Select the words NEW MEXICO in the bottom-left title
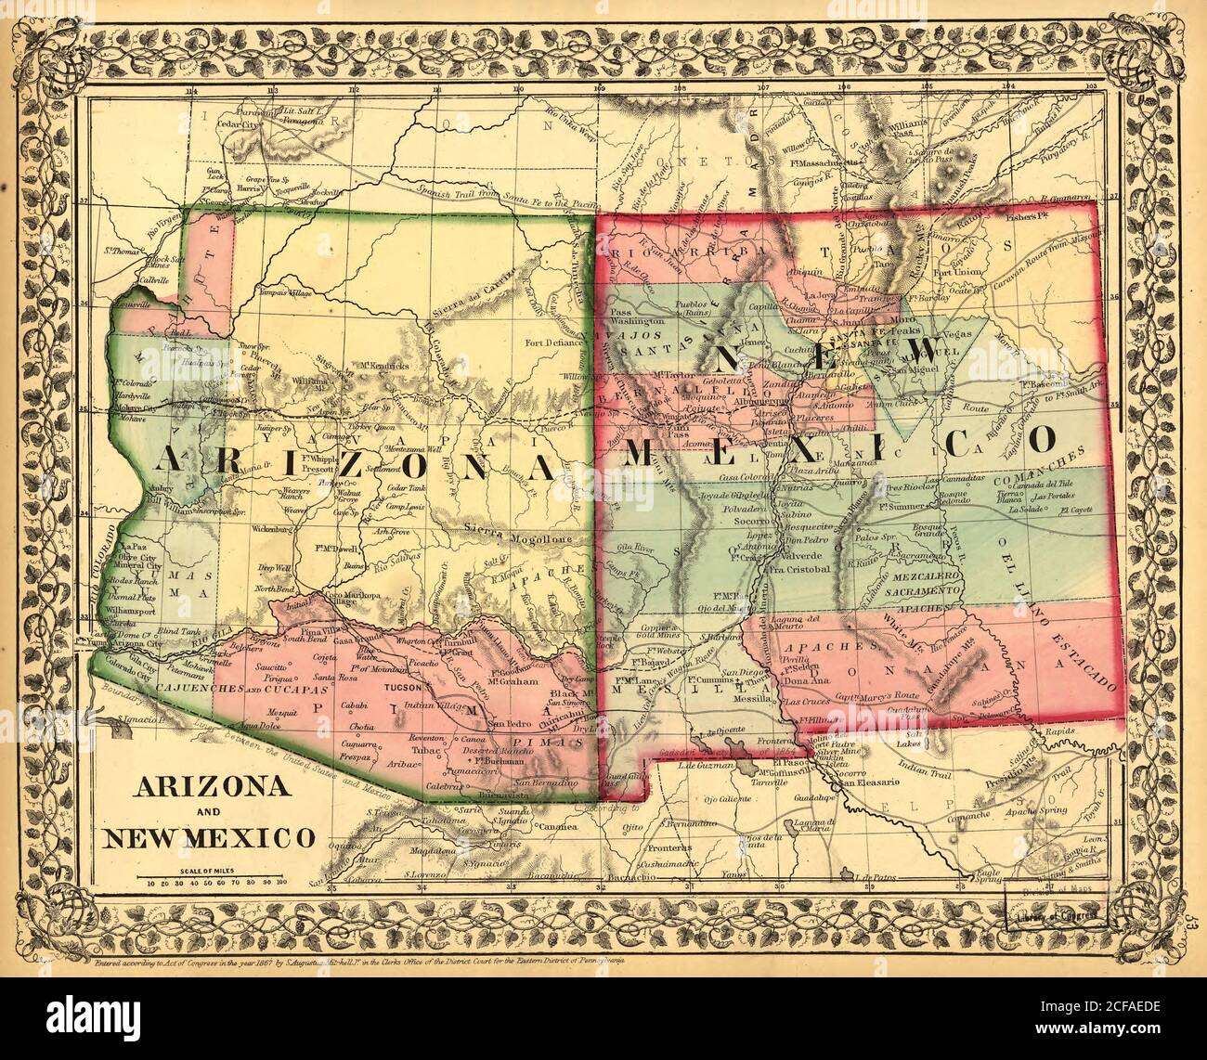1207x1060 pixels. point(207,838)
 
